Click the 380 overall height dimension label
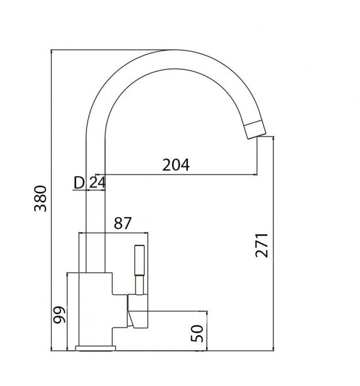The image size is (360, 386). tap(40, 199)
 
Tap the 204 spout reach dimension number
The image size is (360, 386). tap(176, 165)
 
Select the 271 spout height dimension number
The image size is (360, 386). tap(262, 245)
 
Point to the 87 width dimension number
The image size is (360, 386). tap(123, 223)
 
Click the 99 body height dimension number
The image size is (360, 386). tap(59, 315)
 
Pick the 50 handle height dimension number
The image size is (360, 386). tap(197, 334)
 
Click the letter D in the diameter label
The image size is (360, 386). tap(79, 183)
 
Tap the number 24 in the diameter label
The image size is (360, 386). tap(97, 183)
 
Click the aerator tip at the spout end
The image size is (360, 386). tap(255, 130)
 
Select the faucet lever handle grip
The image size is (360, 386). tap(139, 260)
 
